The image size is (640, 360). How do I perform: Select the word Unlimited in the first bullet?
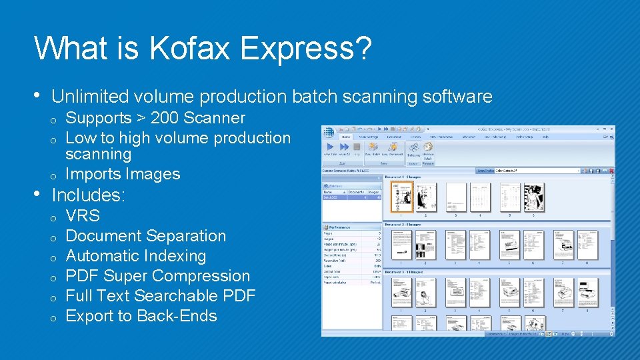tap(89, 97)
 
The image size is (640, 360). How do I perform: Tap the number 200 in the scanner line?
tap(165, 118)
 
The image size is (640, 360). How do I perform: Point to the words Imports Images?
tap(123, 174)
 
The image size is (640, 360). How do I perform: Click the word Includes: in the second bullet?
tap(89, 195)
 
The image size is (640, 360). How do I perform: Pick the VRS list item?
tap(83, 216)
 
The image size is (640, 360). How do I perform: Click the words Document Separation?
tap(145, 236)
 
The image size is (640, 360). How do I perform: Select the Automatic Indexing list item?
tap(136, 256)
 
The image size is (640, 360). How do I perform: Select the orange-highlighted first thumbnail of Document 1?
tap(401, 197)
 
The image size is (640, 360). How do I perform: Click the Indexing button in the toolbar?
tap(413, 154)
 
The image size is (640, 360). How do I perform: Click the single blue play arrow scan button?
tap(330, 146)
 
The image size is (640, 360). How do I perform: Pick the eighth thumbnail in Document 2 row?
tap(587, 245)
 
